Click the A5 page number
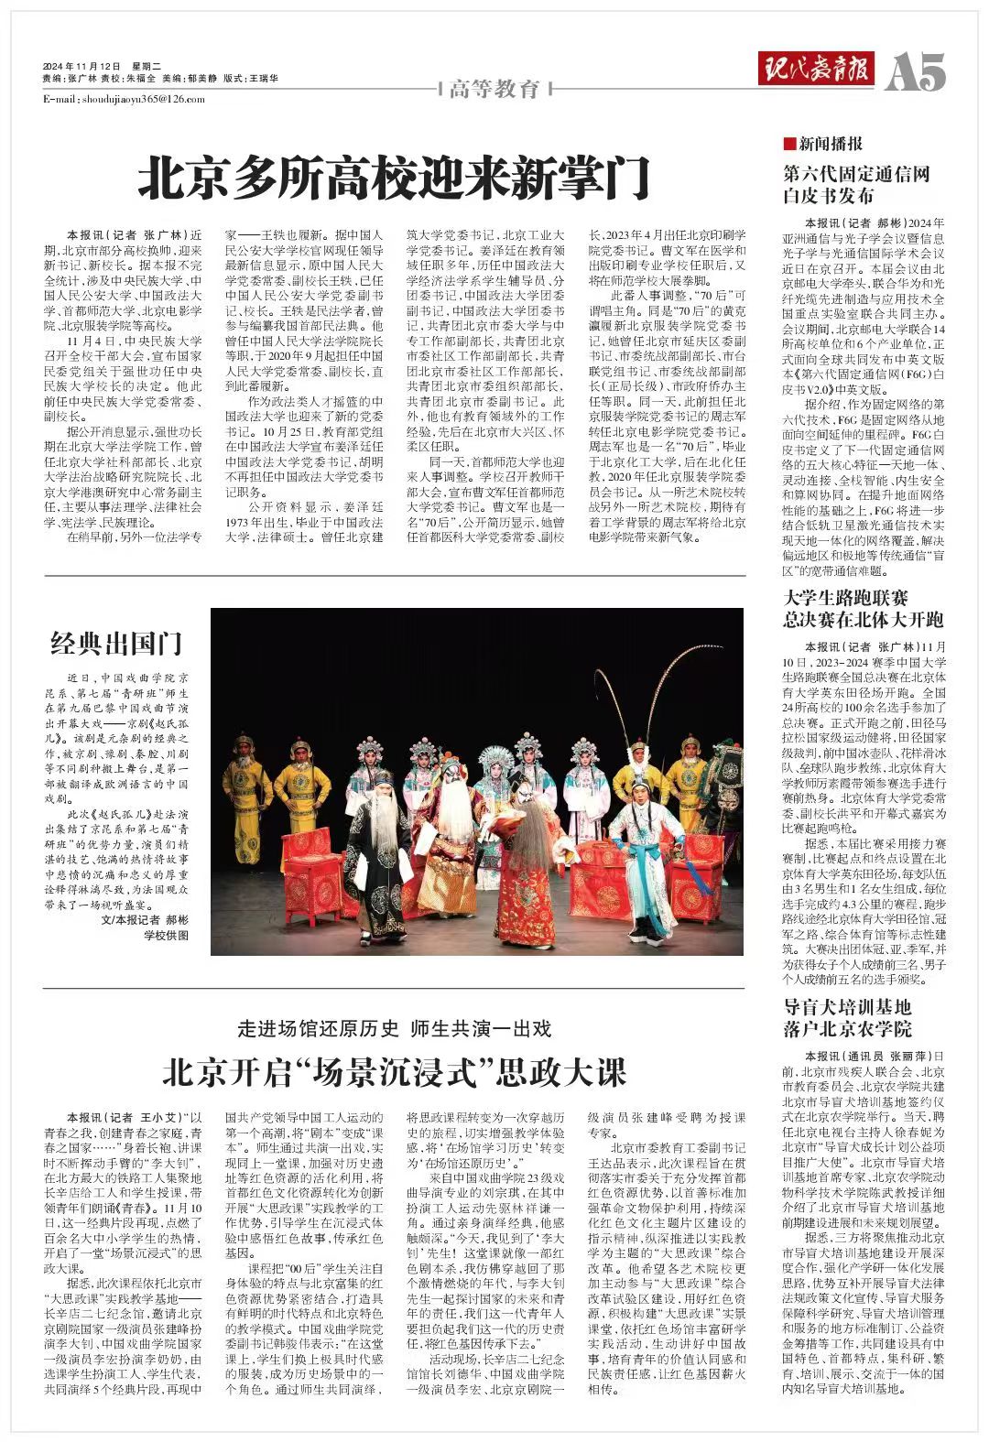[x=917, y=71]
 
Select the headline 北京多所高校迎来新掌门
[x=394, y=178]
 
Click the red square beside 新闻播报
[x=788, y=144]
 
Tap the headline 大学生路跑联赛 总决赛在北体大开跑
[x=864, y=609]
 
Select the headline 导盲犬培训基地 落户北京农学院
[x=848, y=1017]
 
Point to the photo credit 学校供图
[x=166, y=935]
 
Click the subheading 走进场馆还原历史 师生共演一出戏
[x=395, y=1028]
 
